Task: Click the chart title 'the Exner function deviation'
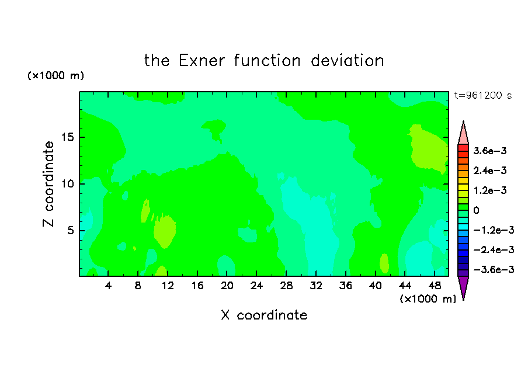[x=264, y=61]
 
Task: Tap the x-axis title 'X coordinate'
[x=264, y=315]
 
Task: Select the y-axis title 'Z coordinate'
[x=48, y=184]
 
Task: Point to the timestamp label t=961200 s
[x=483, y=96]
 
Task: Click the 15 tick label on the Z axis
[x=67, y=137]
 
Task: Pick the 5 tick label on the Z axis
[x=70, y=230]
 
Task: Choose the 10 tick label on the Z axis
[x=67, y=184]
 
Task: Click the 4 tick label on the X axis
[x=108, y=286]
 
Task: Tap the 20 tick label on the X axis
[x=227, y=286]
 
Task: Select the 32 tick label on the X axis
[x=316, y=286]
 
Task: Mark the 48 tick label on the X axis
[x=435, y=286]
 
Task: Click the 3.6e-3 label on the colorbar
[x=490, y=151]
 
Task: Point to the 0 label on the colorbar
[x=476, y=210]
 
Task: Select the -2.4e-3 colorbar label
[x=494, y=250]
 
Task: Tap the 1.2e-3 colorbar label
[x=490, y=190]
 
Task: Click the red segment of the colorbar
[x=463, y=148]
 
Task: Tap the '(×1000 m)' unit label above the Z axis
[x=55, y=75]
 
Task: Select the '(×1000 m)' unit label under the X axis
[x=428, y=299]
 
